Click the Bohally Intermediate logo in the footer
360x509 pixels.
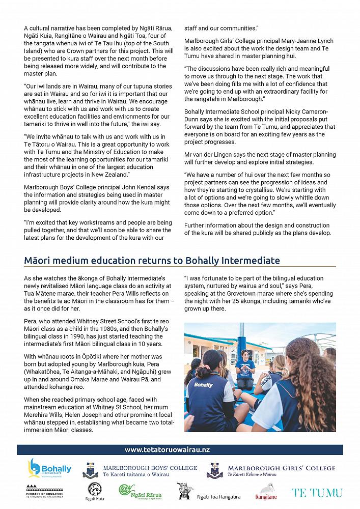click(49, 469)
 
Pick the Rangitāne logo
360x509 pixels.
click(266, 492)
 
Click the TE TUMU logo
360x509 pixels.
click(317, 492)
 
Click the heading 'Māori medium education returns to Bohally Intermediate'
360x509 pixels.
click(152, 261)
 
